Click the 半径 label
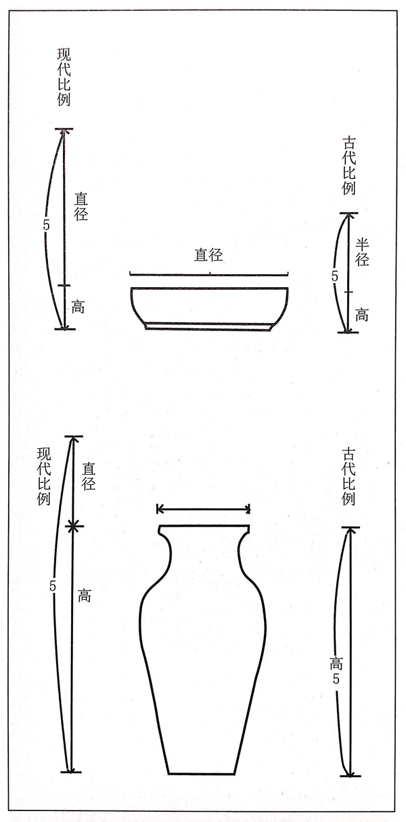(x=361, y=252)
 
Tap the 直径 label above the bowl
(x=208, y=255)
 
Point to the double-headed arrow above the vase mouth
(x=204, y=509)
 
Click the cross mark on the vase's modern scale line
(x=73, y=527)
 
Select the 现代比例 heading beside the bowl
(x=64, y=77)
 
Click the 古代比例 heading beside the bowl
(x=348, y=166)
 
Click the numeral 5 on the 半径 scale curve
(x=334, y=276)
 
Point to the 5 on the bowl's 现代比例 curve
(x=46, y=225)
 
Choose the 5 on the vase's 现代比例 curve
(x=53, y=586)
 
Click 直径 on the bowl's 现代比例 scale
(x=81, y=207)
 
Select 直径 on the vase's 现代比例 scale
(x=89, y=477)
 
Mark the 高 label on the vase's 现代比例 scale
(x=85, y=595)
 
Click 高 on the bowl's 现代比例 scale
(x=78, y=307)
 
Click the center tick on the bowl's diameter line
(x=209, y=273)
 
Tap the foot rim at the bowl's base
(x=208, y=326)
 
